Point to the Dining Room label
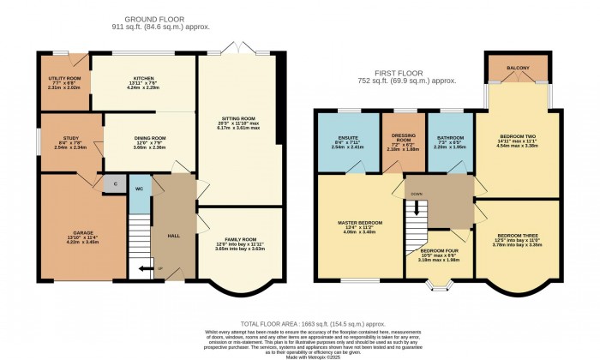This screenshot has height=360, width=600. click(x=150, y=137)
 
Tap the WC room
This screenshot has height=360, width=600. click(x=139, y=189)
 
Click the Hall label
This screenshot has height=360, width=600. click(x=173, y=235)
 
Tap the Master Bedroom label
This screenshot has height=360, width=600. click(x=357, y=223)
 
